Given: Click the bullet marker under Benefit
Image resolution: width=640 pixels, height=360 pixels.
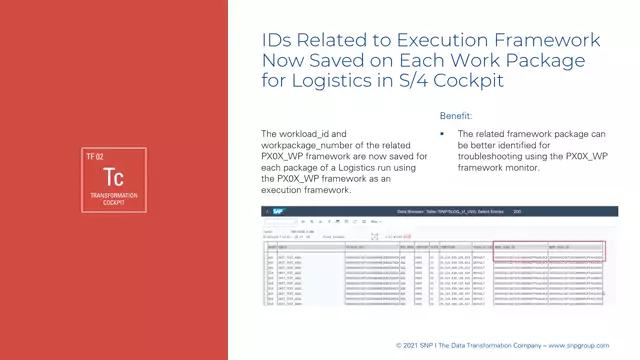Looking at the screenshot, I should coord(442,133).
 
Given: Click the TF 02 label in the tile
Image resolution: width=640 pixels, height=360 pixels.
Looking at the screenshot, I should coord(94,155).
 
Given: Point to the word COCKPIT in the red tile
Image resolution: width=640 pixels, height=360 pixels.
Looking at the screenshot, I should coord(114,201).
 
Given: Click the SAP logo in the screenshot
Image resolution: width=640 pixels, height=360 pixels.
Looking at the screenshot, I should coord(271,213).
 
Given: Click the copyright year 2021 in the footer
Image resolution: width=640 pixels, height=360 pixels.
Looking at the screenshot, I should coord(411,345).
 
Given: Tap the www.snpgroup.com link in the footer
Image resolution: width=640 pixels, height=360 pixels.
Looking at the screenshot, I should coord(589,345).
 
